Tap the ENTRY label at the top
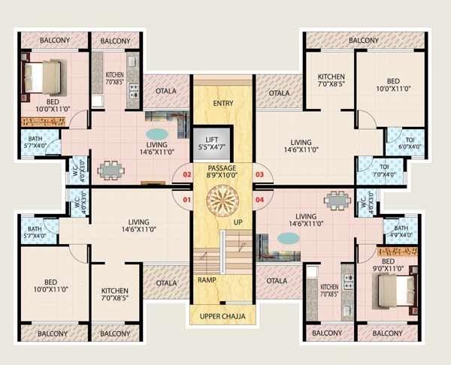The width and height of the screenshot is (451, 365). [x=223, y=104]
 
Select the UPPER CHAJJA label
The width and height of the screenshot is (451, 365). [x=222, y=316]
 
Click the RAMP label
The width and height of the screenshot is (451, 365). [x=207, y=280]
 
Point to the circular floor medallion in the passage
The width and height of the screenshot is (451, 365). [x=223, y=201]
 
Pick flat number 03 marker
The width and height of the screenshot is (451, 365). [x=259, y=174]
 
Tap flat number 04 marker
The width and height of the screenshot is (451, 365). [x=259, y=200]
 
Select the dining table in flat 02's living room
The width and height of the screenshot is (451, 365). [x=110, y=170]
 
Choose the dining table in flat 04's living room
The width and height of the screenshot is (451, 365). [x=337, y=201]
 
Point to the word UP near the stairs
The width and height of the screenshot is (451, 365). [x=238, y=223]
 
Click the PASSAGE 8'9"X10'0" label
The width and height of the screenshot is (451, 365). [x=222, y=171]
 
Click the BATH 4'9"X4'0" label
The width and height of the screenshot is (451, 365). [x=400, y=231]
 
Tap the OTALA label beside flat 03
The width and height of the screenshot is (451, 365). [x=279, y=92]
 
